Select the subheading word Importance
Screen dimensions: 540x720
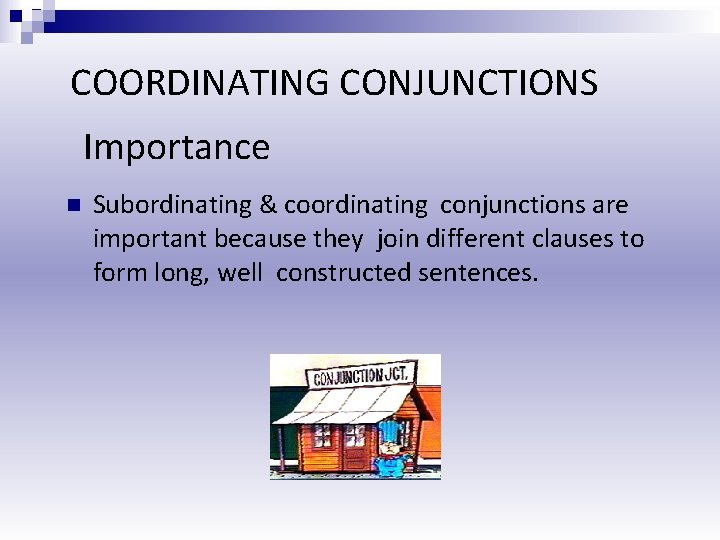177,148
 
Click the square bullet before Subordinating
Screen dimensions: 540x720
71,206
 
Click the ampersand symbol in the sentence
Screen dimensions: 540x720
268,206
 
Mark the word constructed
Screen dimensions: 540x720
340,273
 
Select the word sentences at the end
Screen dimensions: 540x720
476,273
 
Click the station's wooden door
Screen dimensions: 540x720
356,445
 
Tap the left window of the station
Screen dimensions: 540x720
322,436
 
